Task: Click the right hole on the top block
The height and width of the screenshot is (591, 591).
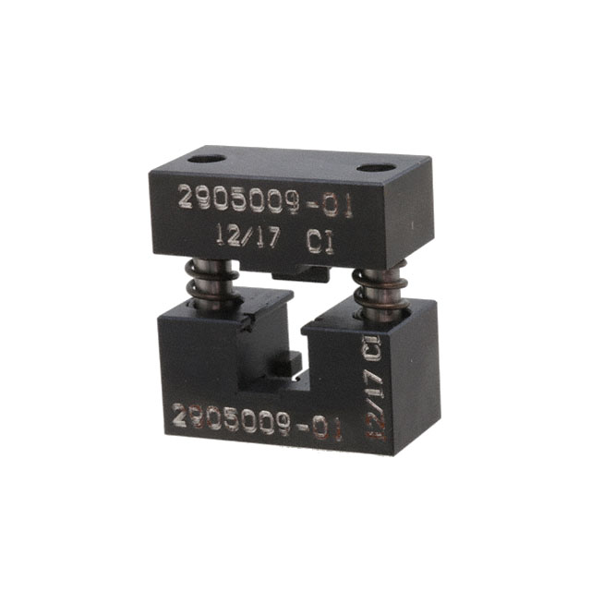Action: [374, 168]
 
